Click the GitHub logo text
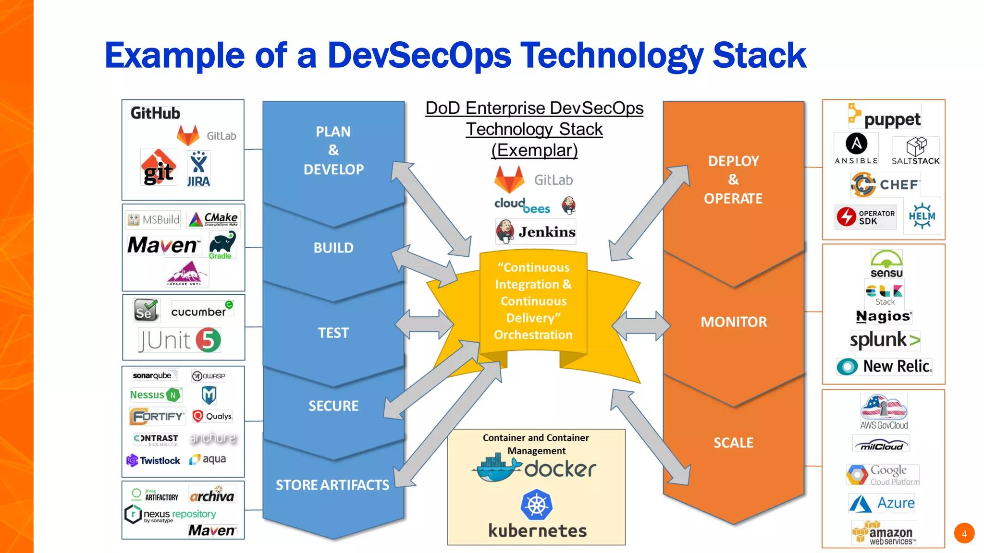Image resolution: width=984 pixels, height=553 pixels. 155,113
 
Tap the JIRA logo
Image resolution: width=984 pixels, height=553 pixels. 198,169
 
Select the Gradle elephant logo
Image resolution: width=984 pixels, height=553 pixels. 222,245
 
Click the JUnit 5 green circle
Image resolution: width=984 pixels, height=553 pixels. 209,340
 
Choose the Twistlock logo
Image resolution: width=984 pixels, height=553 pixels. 153,460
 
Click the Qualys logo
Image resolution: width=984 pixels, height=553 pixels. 212,416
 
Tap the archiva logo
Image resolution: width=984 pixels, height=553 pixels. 212,495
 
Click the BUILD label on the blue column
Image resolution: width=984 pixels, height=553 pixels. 333,248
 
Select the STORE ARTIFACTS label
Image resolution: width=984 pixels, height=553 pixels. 332,485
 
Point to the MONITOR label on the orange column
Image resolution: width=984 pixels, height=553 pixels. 734,322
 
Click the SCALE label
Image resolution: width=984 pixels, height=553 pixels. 733,443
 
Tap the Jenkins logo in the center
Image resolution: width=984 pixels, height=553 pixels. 536,232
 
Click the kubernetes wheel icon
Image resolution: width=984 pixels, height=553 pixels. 537,505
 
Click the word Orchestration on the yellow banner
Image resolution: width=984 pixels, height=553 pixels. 533,335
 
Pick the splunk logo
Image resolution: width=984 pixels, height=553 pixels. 885,340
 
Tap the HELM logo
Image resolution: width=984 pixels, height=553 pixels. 922,216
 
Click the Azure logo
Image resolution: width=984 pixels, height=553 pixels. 882,503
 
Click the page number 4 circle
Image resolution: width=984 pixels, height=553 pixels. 964,533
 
